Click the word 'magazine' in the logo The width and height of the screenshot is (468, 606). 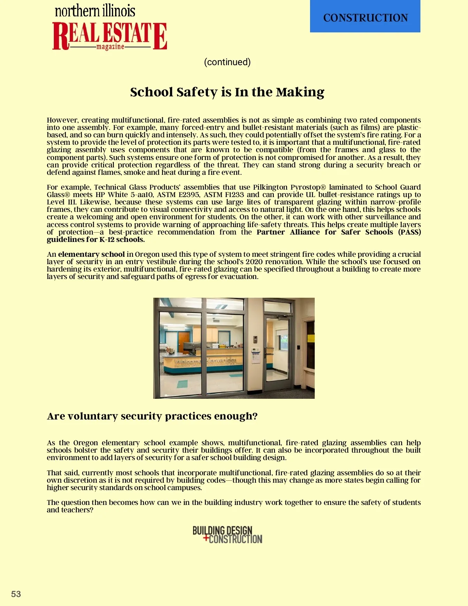point(110,47)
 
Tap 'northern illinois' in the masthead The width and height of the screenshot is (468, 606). point(95,11)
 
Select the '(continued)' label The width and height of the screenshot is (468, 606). point(227,62)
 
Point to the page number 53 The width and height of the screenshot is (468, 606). point(16,594)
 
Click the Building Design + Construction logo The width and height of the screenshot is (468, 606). point(227,535)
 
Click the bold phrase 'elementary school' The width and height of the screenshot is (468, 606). point(91,254)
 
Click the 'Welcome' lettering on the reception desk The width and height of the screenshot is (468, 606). point(188,362)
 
